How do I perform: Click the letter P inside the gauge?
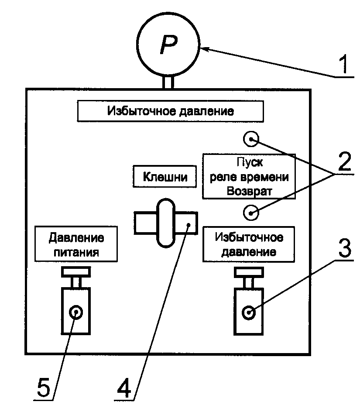tap(168, 45)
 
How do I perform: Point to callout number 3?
tap(344, 249)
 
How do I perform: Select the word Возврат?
tap(248, 191)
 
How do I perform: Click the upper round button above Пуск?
tap(251, 139)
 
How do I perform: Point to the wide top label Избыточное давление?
tap(171, 111)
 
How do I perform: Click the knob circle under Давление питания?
tap(76, 312)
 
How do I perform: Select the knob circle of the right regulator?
tap(249, 312)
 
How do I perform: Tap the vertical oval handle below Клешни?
tap(165, 223)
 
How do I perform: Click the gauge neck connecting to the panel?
tap(168, 82)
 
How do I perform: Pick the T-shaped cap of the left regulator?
tap(76, 272)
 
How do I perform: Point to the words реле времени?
tap(249, 178)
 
